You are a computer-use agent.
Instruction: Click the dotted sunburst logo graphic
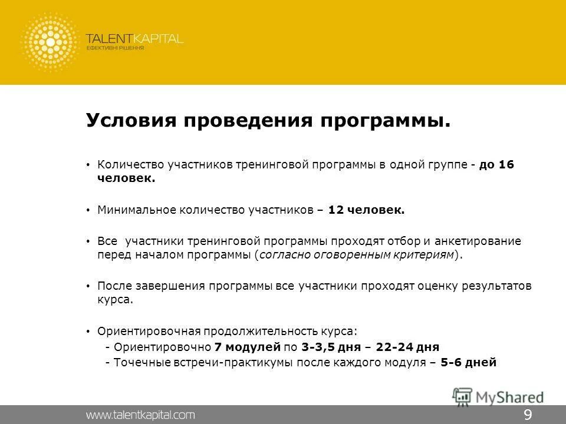(x=50, y=42)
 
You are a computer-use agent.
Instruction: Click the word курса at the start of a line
(x=115, y=300)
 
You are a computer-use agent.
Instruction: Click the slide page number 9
(x=528, y=415)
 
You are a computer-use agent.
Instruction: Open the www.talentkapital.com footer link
(x=140, y=415)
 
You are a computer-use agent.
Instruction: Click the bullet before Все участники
(x=88, y=241)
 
